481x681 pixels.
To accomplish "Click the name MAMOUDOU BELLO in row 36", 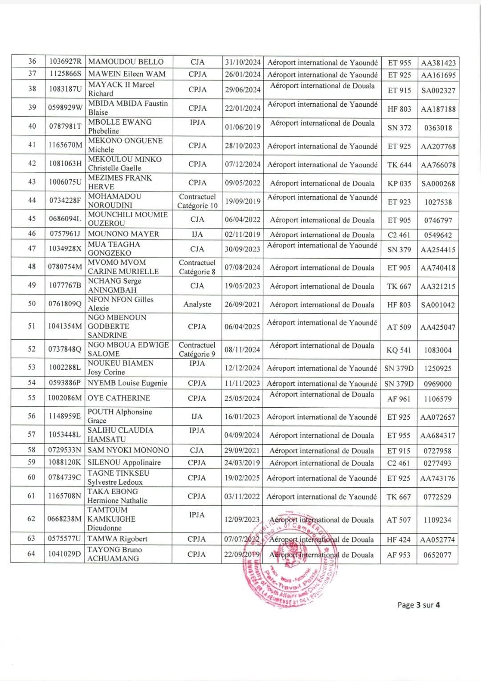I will (x=126, y=62).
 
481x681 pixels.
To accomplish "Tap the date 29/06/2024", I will (x=243, y=89).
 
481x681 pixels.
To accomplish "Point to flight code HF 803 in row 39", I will (x=399, y=109).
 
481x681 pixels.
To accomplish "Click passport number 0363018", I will (x=438, y=128).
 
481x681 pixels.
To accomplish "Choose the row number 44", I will (x=32, y=200).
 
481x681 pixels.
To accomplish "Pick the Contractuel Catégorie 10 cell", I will (x=197, y=201).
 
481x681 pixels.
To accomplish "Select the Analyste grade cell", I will (x=197, y=304).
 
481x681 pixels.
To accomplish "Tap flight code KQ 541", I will (x=399, y=350).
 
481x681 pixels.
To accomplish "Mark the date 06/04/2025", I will (x=242, y=327).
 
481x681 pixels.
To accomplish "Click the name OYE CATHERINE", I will (x=119, y=398).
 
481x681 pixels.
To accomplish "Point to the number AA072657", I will (x=438, y=418).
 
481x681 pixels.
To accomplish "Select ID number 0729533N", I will (x=65, y=450).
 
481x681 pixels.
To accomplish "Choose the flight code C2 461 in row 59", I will (x=399, y=463).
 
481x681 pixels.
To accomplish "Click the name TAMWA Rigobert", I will (x=117, y=539).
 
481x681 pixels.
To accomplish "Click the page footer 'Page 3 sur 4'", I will (x=419, y=605).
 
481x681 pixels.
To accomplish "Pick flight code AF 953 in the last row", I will (x=399, y=555).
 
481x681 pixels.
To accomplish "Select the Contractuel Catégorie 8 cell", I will (x=197, y=268).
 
